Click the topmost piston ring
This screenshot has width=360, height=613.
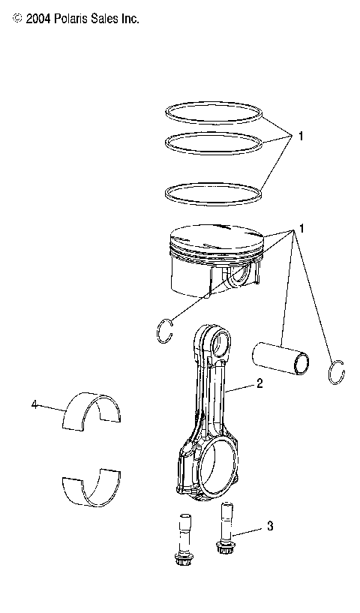click(214, 106)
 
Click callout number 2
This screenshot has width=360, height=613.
click(259, 383)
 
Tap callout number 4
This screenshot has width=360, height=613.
click(34, 404)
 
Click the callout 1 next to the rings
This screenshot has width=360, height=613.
click(300, 137)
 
